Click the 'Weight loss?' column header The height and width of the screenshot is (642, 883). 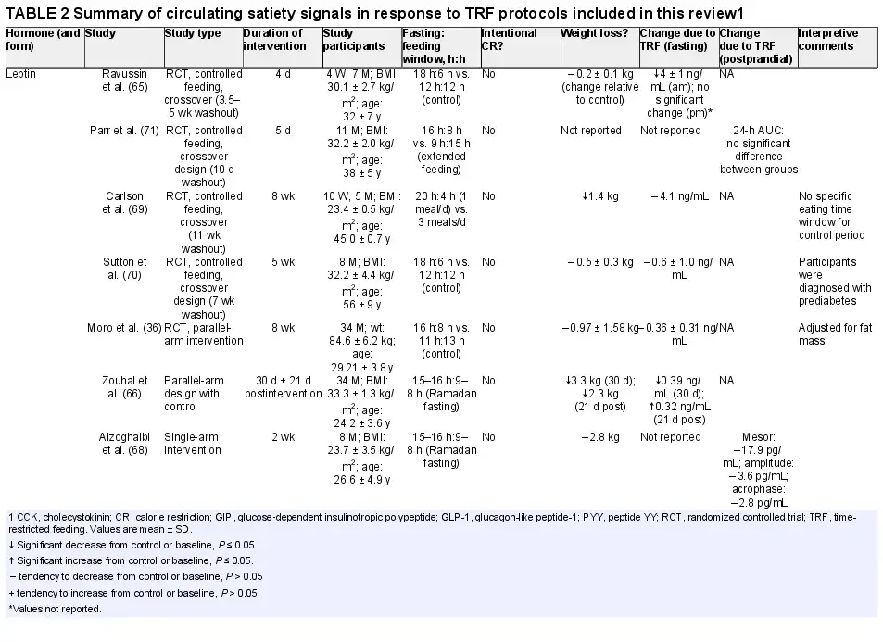point(594,33)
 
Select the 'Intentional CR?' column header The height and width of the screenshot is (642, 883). point(509,40)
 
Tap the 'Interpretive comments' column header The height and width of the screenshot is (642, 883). point(827,40)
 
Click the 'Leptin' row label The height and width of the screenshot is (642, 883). point(20,74)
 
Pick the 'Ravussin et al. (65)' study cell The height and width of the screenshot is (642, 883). point(124,80)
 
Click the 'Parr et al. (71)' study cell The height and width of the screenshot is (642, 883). point(124,130)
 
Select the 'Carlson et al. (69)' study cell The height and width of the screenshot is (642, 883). point(124,203)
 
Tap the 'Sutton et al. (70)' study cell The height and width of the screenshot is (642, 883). point(124,269)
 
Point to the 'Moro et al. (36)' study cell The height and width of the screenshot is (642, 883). point(124,328)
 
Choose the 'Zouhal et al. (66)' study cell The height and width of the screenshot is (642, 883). point(124,387)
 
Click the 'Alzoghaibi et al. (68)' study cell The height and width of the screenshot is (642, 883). point(124,443)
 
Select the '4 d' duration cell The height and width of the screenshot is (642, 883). point(283,74)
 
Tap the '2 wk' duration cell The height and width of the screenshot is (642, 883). point(283,437)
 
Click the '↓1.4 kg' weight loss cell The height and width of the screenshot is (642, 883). point(599,196)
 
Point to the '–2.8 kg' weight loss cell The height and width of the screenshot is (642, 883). point(599,437)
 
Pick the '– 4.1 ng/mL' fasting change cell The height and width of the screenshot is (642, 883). point(679,196)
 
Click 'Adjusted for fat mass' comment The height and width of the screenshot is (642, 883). point(835,334)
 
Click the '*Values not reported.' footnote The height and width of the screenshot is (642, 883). point(55,609)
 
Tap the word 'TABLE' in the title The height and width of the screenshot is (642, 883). point(30,13)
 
